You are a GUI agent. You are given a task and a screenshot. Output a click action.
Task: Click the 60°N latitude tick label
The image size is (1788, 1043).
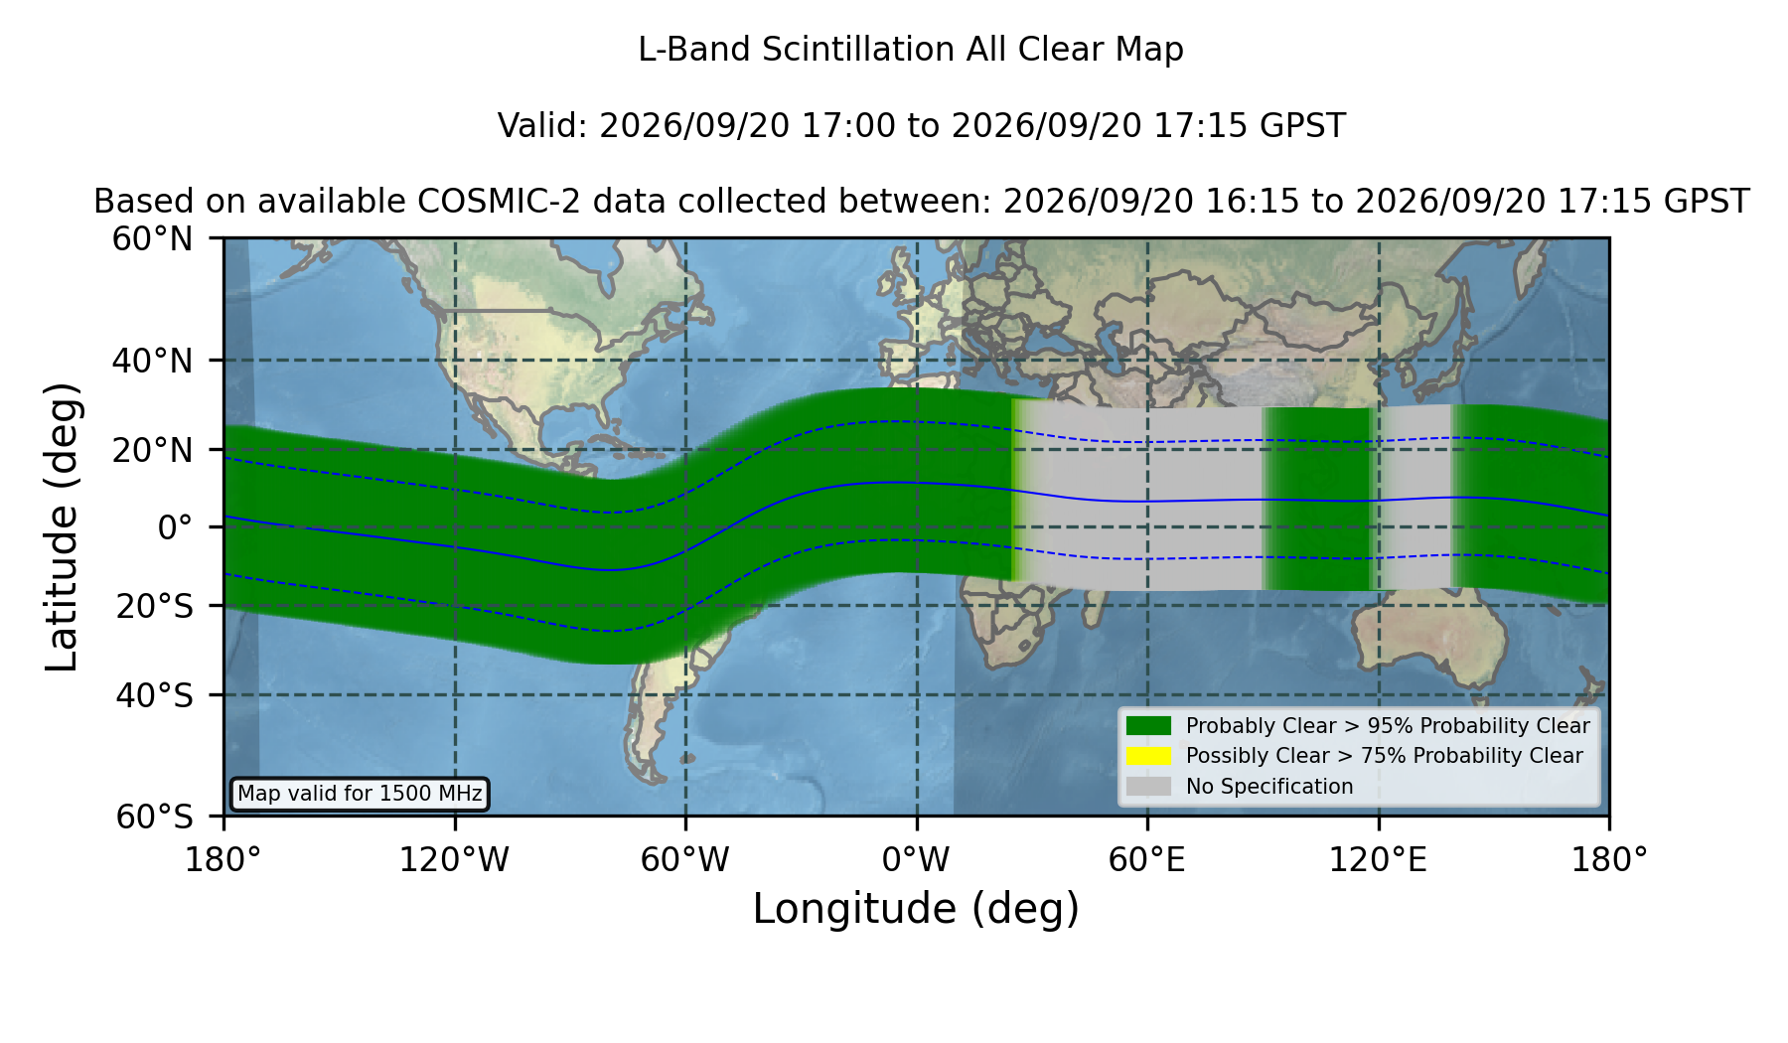tap(152, 239)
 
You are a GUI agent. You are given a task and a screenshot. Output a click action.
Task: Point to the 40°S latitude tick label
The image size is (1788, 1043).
tap(154, 695)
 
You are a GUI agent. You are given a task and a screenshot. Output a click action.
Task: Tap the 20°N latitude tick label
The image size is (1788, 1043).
tap(152, 450)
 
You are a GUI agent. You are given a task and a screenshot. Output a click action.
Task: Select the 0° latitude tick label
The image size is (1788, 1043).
tap(176, 527)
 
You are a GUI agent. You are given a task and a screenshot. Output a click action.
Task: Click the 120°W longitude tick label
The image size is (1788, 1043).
tap(454, 859)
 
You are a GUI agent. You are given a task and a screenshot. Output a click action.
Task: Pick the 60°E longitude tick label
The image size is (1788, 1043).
tap(1147, 859)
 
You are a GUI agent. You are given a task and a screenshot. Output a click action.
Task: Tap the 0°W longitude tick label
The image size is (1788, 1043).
tap(916, 859)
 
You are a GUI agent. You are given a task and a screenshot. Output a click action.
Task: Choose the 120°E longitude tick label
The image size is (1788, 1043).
tap(1378, 859)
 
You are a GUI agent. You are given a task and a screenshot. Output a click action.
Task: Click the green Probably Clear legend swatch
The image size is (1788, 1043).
tap(1148, 726)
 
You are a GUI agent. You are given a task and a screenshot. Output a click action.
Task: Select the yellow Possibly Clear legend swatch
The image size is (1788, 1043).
tap(1148, 756)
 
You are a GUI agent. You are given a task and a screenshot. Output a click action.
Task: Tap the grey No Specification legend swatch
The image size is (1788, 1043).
tap(1148, 787)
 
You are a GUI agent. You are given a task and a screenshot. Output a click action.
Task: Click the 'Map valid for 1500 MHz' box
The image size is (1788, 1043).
tap(360, 794)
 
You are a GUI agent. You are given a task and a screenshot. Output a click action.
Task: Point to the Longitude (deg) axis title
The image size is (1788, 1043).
tap(916, 909)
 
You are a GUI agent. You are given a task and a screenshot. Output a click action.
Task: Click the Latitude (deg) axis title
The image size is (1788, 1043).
tap(62, 526)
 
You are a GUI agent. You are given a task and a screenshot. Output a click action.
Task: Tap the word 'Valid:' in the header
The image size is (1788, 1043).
tap(543, 126)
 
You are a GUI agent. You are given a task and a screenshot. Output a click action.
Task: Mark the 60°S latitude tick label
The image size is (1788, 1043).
tap(154, 818)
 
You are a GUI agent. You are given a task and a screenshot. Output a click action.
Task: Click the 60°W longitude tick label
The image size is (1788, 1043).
tap(684, 859)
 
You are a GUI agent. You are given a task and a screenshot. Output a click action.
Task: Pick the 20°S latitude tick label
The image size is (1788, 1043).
tap(154, 606)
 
